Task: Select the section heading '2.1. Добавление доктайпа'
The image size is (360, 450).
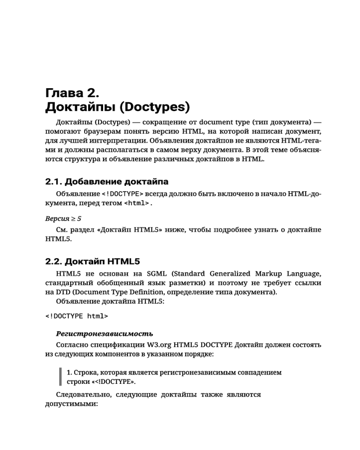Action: [x=107, y=182]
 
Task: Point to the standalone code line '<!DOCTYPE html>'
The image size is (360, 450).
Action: [x=76, y=316]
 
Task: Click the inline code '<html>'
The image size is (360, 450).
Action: [x=136, y=204]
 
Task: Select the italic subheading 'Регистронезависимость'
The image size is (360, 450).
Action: [x=104, y=334]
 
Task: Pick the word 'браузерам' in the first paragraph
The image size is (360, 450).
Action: [x=100, y=131]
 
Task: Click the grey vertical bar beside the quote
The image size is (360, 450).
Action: [x=60, y=377]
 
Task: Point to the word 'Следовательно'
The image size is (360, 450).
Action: [x=83, y=395]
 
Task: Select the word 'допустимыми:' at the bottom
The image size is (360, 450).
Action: [x=72, y=404]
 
